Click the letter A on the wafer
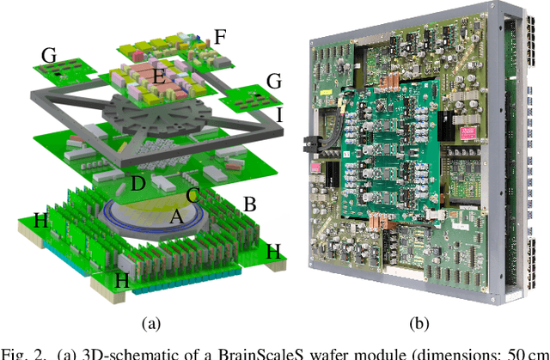coord(175,217)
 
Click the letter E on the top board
coord(157,77)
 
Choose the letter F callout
coord(221,37)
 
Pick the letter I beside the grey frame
coord(278,114)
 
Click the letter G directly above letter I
coord(275,82)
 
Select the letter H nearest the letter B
coord(273,251)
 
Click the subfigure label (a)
coord(151,323)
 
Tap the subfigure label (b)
coord(420,323)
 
